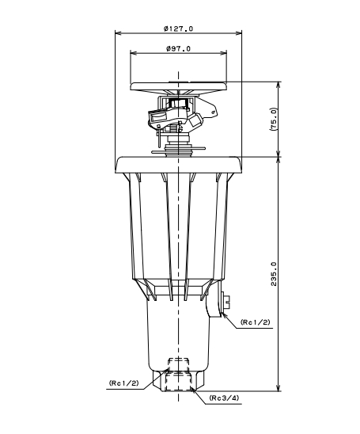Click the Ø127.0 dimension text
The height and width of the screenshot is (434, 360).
pyautogui.click(x=178, y=29)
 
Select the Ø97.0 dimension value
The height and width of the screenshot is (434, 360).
pyautogui.click(x=178, y=49)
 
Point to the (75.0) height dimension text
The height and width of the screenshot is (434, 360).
pyautogui.click(x=274, y=119)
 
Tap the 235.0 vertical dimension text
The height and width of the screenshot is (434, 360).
pyautogui.click(x=274, y=274)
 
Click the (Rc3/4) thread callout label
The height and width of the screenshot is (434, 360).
pyautogui.click(x=224, y=398)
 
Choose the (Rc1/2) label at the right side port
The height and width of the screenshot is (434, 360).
pyautogui.click(x=256, y=322)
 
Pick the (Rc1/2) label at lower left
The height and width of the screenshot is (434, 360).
pyautogui.click(x=124, y=383)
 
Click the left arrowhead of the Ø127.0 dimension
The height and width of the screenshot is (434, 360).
pyautogui.click(x=119, y=33)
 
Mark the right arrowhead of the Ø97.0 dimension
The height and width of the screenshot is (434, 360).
pyautogui.click(x=223, y=53)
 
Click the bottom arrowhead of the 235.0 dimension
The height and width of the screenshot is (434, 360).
pyautogui.click(x=279, y=387)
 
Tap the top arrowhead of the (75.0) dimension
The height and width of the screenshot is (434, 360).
pyautogui.click(x=279, y=86)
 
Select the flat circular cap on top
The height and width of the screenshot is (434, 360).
pyautogui.click(x=179, y=86)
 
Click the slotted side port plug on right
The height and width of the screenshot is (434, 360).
pyautogui.click(x=226, y=301)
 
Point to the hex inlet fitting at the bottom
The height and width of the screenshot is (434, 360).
pyautogui.click(x=178, y=381)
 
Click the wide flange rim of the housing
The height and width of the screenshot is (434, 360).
pyautogui.click(x=178, y=165)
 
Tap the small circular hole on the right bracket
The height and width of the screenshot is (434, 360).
pyautogui.click(x=213, y=112)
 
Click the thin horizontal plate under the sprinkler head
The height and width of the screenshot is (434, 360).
pyautogui.click(x=179, y=150)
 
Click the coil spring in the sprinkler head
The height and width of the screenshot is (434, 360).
pyautogui.click(x=173, y=128)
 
